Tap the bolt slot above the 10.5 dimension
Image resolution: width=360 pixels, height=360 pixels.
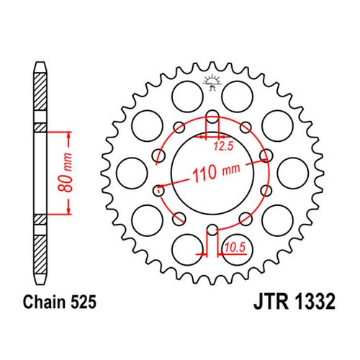(212, 231)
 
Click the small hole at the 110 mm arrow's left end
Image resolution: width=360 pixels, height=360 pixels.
(158, 191)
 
